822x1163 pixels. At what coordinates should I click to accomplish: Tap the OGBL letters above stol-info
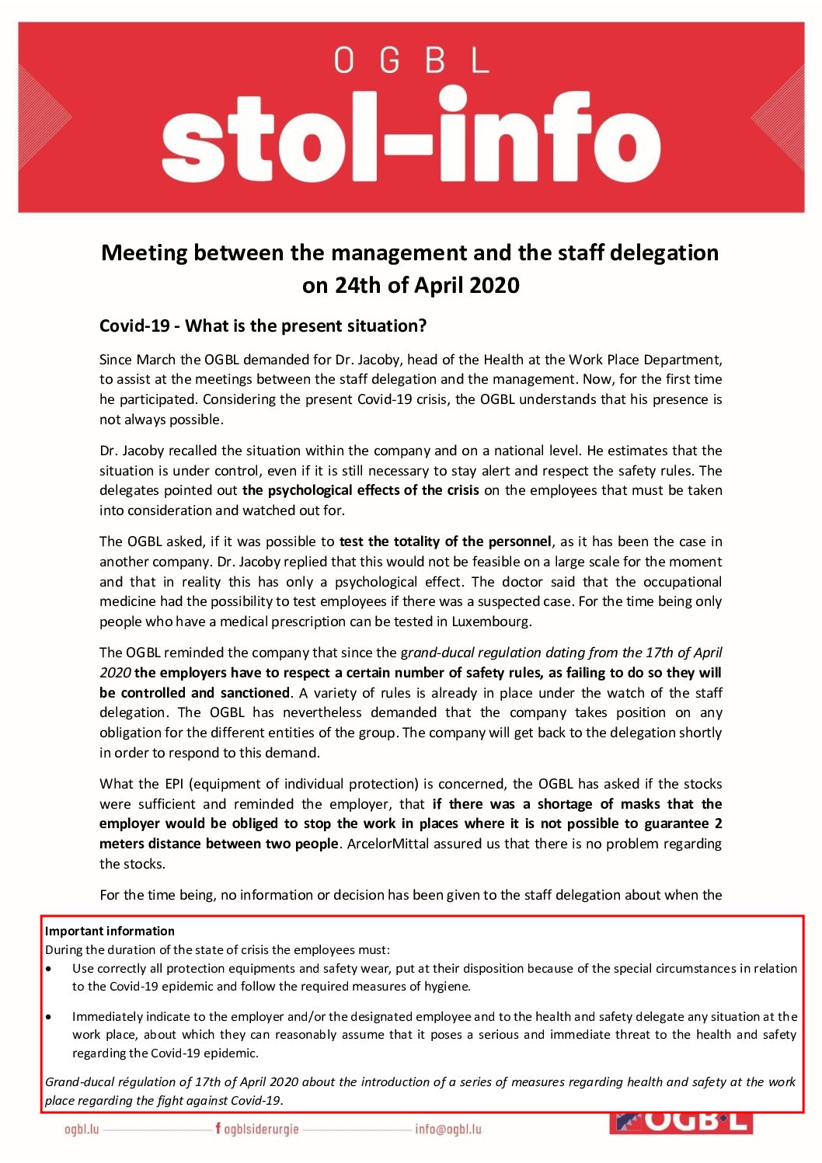point(411,61)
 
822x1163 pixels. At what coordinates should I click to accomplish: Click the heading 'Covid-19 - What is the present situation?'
point(263,326)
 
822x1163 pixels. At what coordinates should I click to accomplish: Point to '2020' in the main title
point(493,285)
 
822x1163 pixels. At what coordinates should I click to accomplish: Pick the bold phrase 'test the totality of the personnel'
point(445,541)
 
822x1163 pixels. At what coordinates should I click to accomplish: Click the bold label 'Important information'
point(110,931)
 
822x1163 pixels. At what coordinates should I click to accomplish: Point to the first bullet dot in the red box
point(49,969)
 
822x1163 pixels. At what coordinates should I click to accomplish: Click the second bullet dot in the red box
point(49,1016)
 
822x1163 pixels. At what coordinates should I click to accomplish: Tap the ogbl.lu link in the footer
point(82,1130)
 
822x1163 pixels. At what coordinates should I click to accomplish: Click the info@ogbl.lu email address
point(448,1130)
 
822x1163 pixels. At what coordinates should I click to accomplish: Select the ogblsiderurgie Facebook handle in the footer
point(260,1130)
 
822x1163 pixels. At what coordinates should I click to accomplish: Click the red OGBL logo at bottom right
point(681,1123)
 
